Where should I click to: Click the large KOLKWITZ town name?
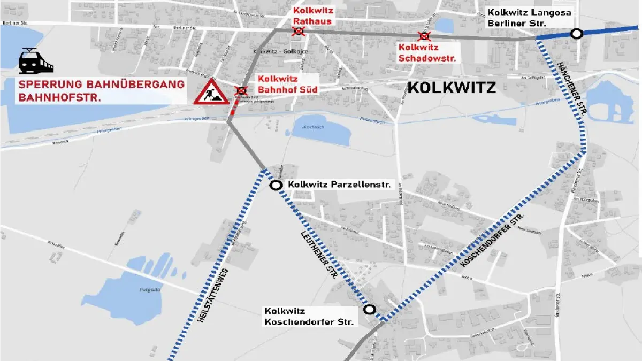(x=452, y=88)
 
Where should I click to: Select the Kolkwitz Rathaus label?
(x=312, y=16)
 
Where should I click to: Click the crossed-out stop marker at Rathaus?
(x=299, y=32)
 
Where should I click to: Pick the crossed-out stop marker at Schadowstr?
(x=424, y=36)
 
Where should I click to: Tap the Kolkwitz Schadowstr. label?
(x=427, y=53)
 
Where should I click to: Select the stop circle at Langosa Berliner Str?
(x=576, y=34)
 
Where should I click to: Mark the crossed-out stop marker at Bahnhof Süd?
(x=242, y=90)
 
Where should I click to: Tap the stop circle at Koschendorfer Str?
(x=369, y=309)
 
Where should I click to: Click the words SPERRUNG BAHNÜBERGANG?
(x=102, y=85)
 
